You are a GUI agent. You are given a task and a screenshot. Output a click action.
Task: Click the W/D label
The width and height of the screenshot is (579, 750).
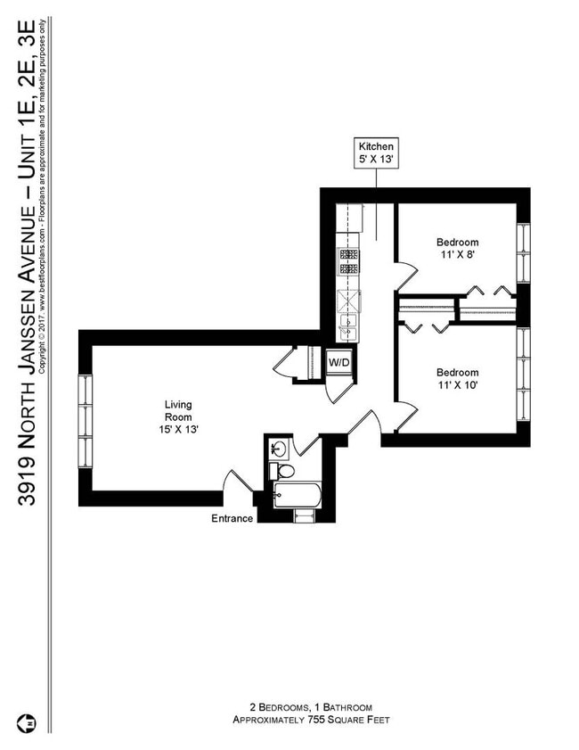coord(338,363)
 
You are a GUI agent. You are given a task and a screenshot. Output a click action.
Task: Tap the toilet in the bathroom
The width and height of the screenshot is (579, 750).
coord(284,471)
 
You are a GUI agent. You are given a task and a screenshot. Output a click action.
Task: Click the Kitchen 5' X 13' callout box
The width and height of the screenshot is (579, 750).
coord(376,153)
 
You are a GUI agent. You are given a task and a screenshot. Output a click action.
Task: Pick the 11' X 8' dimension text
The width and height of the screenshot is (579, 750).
coord(457,256)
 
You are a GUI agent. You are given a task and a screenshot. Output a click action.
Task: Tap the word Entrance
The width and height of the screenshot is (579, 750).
coord(232,519)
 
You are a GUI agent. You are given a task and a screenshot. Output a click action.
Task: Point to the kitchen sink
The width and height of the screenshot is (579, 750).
coord(347,325)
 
